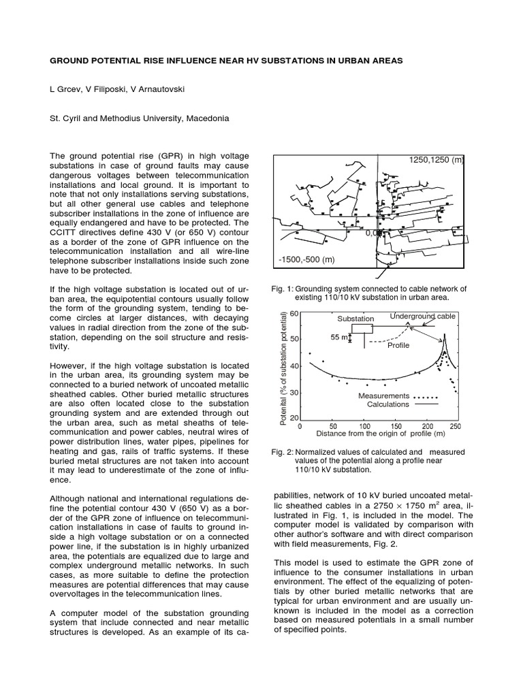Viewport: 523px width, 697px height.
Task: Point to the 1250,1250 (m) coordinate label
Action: (436, 160)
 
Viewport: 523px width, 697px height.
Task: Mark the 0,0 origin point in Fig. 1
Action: (373, 233)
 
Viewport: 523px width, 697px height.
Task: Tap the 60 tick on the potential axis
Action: (294, 314)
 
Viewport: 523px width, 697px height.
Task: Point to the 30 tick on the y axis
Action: (294, 393)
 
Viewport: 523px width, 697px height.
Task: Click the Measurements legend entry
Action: (383, 396)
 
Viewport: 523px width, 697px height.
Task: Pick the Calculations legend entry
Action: (387, 404)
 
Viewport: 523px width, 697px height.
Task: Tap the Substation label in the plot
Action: (355, 319)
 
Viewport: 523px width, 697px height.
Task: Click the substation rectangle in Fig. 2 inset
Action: (362, 328)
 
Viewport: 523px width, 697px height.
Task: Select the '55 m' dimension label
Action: (338, 338)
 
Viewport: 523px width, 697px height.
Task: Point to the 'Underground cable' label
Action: (422, 317)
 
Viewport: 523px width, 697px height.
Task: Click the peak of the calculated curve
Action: (445, 335)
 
